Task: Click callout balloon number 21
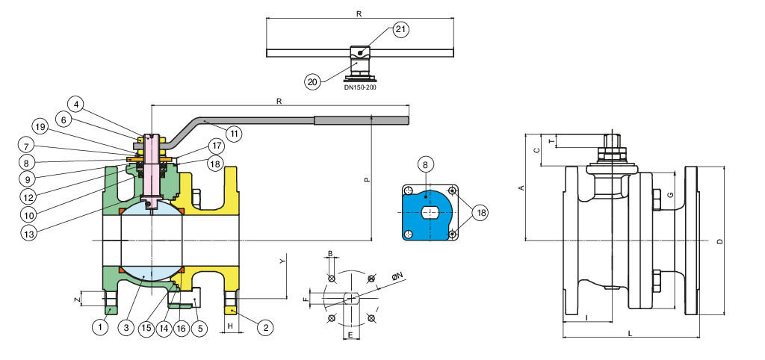tap(400, 29)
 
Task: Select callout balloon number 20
tap(312, 81)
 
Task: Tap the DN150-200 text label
tap(360, 87)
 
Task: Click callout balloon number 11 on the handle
tap(234, 134)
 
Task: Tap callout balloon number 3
tap(128, 326)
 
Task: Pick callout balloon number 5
tap(199, 326)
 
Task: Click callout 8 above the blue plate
tap(424, 164)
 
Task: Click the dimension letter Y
tap(282, 261)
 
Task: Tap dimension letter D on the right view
tap(719, 241)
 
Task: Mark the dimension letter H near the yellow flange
tap(231, 326)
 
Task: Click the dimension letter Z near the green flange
tap(77, 300)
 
